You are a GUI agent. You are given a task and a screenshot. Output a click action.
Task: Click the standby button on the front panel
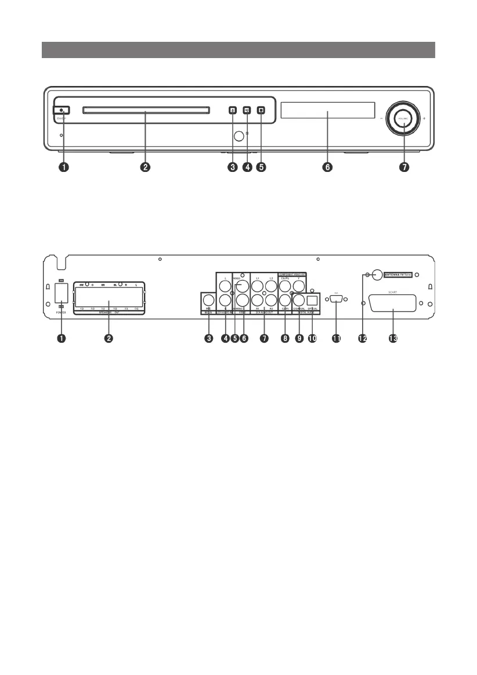[x=62, y=110]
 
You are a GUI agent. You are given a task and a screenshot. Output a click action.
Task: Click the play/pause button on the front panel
[x=247, y=110]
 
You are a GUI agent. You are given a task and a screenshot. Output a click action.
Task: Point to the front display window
[x=327, y=110]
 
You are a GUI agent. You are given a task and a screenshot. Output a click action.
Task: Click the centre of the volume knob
[x=404, y=119]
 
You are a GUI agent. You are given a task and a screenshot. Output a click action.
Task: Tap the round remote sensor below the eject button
[x=238, y=137]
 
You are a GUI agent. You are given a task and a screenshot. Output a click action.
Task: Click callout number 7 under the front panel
[x=404, y=167]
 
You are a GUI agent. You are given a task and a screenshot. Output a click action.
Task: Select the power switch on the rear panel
[x=62, y=293]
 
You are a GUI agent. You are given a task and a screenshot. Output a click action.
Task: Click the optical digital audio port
[x=312, y=300]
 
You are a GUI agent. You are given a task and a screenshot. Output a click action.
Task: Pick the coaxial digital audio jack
[x=299, y=300]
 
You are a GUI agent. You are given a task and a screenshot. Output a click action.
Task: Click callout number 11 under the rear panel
[x=336, y=339]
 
